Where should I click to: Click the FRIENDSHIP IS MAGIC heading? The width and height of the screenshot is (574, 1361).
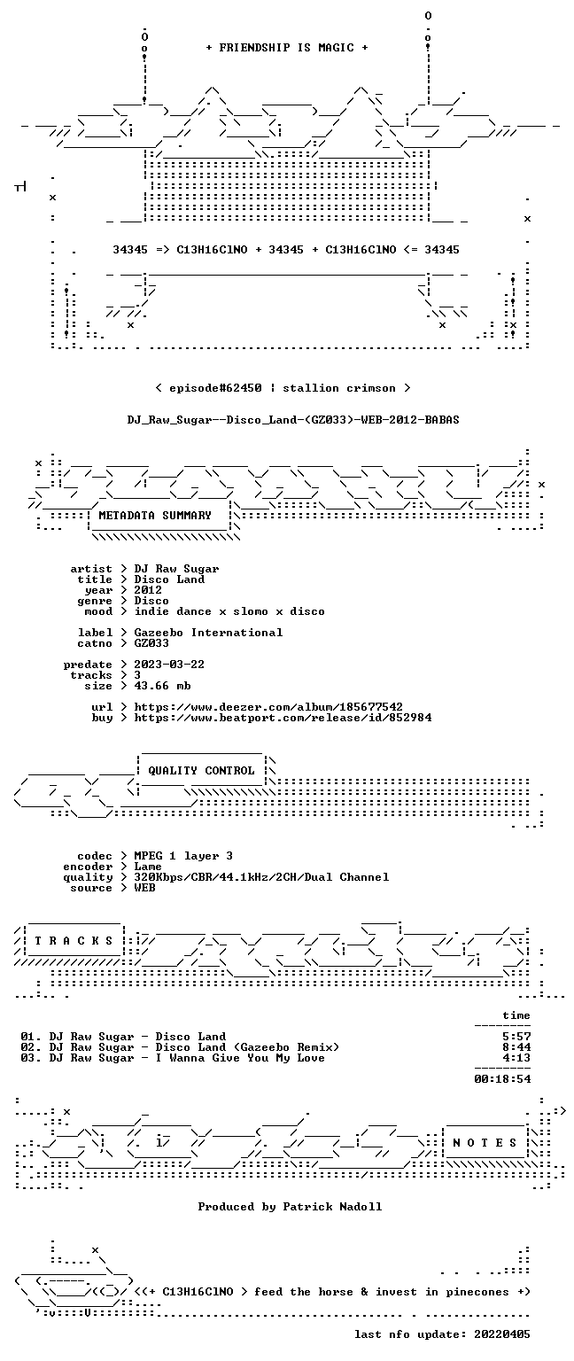[x=287, y=47]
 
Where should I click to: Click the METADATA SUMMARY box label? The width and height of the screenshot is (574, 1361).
[x=155, y=515]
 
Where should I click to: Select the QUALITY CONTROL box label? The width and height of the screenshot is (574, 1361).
[x=201, y=770]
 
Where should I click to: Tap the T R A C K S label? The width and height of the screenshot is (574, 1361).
[x=74, y=940]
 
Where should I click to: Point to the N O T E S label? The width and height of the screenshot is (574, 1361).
[x=485, y=1143]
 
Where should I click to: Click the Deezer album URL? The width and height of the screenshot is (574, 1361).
[x=268, y=706]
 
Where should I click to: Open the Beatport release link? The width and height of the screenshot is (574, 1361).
[x=283, y=718]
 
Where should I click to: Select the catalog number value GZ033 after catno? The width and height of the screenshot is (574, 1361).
[x=151, y=642]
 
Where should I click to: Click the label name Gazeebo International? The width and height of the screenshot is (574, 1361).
[x=208, y=633]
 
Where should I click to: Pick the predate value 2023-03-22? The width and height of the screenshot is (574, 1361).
[x=169, y=664]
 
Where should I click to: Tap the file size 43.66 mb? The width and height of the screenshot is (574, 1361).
[x=162, y=685]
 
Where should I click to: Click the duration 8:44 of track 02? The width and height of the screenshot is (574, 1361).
[x=516, y=1046]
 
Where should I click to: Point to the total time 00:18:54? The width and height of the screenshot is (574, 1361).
[x=502, y=1078]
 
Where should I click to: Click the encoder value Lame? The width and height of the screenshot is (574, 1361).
[x=148, y=867]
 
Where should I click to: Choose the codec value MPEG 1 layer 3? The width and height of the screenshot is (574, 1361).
[x=183, y=855]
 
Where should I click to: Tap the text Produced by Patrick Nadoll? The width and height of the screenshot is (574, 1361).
[x=290, y=1206]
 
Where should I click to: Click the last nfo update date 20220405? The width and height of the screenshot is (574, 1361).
[x=502, y=1334]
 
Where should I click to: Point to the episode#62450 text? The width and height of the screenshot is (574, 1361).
[x=215, y=387]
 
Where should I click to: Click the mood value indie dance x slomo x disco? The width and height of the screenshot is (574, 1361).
[x=229, y=611]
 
